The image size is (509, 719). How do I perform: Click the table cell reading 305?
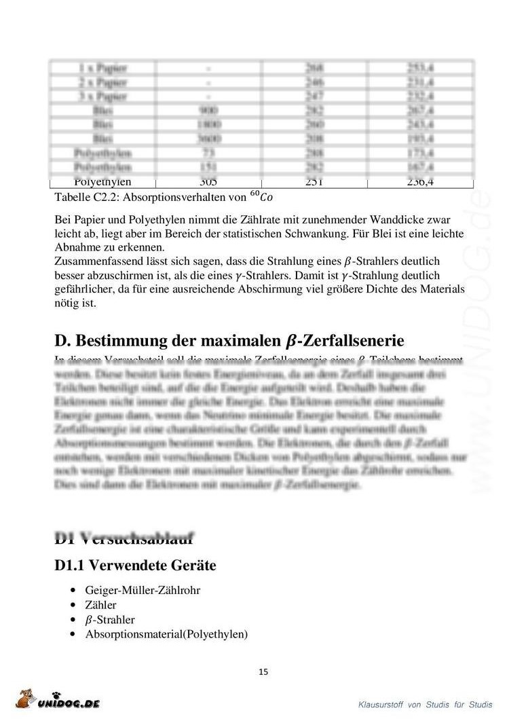coord(208,181)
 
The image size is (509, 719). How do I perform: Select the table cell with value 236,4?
coord(421,181)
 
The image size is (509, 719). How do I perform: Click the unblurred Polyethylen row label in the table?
coord(102,181)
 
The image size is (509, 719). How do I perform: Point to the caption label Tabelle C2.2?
coord(84,197)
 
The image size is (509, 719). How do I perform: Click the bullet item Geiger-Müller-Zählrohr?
coord(143,590)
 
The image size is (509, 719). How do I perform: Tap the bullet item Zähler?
coord(101,605)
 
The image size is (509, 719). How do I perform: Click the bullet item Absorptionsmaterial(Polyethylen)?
coord(167,635)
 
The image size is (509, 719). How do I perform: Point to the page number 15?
coord(263,672)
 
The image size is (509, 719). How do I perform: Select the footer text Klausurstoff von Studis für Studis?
coord(426,704)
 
